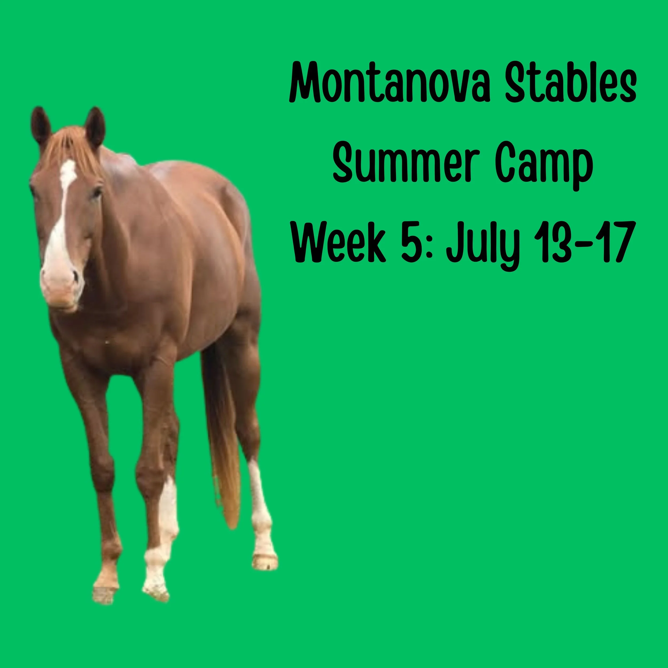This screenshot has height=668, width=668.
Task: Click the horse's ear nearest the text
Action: (95, 126)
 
